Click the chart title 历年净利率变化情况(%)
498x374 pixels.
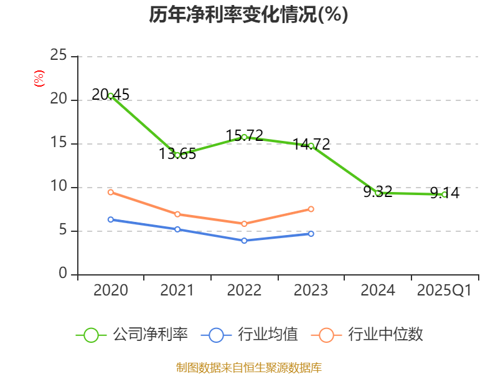coord(248,14)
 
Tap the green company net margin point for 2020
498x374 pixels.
coord(110,95)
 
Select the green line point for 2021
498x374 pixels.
coord(177,155)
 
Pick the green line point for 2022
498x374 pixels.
coord(244,137)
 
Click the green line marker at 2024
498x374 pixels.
coord(378,193)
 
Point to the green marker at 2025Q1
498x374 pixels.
coord(444,194)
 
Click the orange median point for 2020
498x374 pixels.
coord(110,192)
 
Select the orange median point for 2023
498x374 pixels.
coord(311,209)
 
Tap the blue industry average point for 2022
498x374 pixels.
coord(244,240)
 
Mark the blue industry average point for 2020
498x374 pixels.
coord(110,219)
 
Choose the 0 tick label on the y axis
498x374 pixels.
coord(63,274)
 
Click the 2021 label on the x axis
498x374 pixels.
coord(177,290)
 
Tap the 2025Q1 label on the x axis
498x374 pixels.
coord(444,290)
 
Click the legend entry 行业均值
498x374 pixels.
coord(250,335)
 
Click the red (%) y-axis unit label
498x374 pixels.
coord(39,79)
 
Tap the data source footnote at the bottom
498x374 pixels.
coord(248,368)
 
